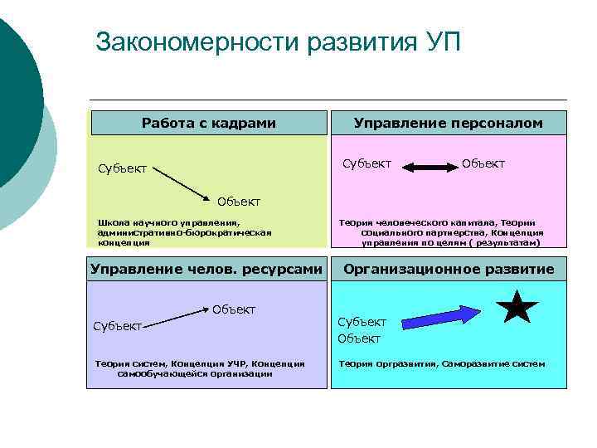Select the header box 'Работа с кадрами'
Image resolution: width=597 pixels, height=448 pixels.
click(x=208, y=123)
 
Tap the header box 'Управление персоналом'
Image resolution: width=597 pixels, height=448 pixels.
click(x=448, y=123)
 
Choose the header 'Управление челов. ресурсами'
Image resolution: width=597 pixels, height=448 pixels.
click(x=205, y=269)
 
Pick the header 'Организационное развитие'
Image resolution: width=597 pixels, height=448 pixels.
click(x=449, y=269)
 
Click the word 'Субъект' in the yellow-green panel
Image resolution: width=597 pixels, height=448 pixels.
click(x=122, y=169)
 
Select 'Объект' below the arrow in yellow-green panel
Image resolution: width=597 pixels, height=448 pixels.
click(x=239, y=202)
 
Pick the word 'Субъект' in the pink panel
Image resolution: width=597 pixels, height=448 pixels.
click(x=367, y=163)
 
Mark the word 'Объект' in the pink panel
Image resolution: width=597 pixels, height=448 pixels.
click(x=483, y=163)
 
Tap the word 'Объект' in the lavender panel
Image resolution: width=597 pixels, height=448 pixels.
click(x=234, y=309)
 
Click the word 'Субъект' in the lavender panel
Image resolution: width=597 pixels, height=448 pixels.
click(x=117, y=327)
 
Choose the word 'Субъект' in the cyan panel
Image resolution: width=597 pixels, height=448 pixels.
click(x=362, y=322)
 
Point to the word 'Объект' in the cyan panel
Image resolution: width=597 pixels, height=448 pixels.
click(x=359, y=338)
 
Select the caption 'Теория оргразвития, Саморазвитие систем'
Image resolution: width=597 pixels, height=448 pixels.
click(x=441, y=363)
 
